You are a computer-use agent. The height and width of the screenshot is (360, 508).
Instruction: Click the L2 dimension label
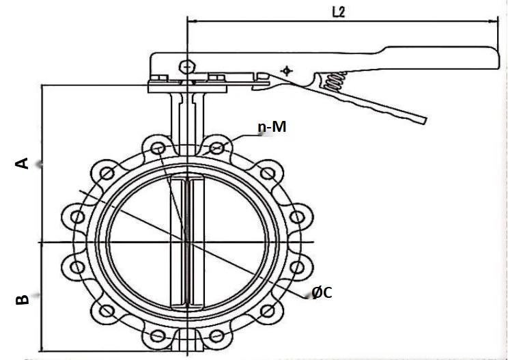[x=339, y=12]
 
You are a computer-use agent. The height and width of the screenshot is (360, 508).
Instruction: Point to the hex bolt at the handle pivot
[x=186, y=66]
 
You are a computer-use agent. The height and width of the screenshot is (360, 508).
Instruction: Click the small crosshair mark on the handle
[x=285, y=70]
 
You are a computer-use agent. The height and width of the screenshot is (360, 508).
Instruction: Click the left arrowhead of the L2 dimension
[x=191, y=22]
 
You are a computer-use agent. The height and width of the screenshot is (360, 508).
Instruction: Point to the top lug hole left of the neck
[x=158, y=147]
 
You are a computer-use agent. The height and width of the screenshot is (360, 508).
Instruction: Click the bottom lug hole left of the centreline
[x=158, y=336]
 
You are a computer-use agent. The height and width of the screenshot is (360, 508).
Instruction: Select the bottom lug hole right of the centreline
[x=216, y=336]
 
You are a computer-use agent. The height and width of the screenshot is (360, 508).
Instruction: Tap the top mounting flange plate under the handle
[x=187, y=86]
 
